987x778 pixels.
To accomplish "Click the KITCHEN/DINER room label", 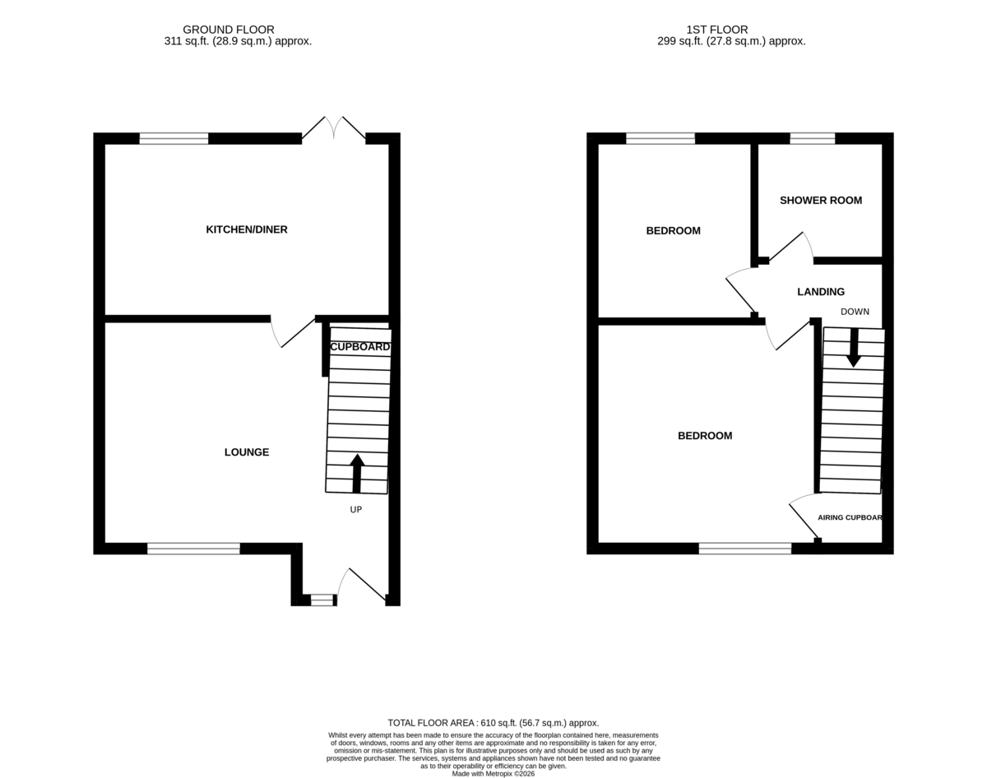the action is [x=247, y=229].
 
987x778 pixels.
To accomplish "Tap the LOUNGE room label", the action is [x=247, y=452].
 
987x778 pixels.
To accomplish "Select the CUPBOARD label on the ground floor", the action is [x=360, y=347].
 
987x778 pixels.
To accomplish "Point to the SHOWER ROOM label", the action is [x=821, y=201].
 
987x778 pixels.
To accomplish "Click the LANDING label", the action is [x=821, y=292].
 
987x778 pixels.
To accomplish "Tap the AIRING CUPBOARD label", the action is [x=850, y=517].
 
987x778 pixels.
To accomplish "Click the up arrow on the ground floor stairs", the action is [x=357, y=474].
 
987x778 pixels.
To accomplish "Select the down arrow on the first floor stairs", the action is [x=854, y=347].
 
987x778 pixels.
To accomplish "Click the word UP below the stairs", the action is [x=356, y=510].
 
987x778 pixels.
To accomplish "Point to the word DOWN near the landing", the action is [x=855, y=312].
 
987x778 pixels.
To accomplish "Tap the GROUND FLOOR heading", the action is [x=229, y=30].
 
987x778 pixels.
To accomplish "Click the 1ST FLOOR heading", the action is [x=717, y=30].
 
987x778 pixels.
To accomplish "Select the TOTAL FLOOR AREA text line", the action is [x=493, y=723].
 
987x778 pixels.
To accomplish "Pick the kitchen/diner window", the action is [x=174, y=138].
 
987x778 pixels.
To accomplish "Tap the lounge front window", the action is [x=193, y=549].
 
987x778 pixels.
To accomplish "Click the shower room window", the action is [x=813, y=138].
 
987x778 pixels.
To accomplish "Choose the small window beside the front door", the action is [x=322, y=600].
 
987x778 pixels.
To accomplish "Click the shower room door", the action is [x=791, y=247].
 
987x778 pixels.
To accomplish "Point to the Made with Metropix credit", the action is [x=493, y=774].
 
